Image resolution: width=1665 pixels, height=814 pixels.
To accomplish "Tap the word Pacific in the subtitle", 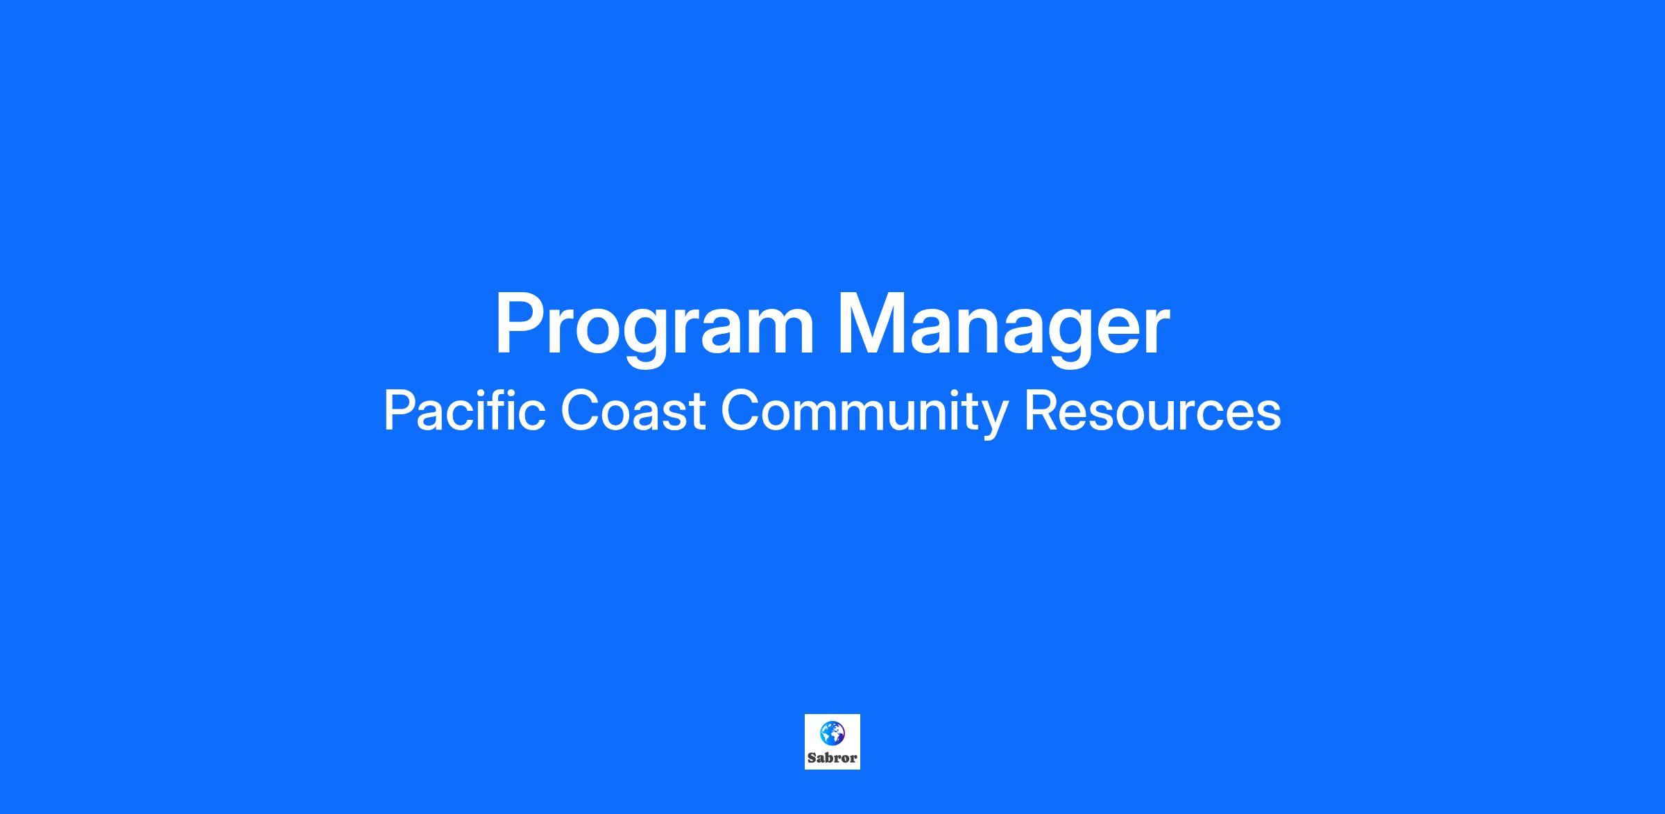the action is [x=464, y=410].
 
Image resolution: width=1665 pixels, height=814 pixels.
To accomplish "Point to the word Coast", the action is [x=633, y=411].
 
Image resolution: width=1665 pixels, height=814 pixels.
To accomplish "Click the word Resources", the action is [x=1152, y=411].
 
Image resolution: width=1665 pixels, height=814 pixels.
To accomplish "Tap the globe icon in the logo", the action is [x=832, y=733].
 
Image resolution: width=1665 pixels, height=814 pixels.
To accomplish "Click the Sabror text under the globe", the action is [x=832, y=758].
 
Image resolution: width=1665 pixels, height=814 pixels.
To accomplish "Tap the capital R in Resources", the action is [x=1041, y=410].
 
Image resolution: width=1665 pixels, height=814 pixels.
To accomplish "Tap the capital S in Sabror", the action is [x=812, y=758].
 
